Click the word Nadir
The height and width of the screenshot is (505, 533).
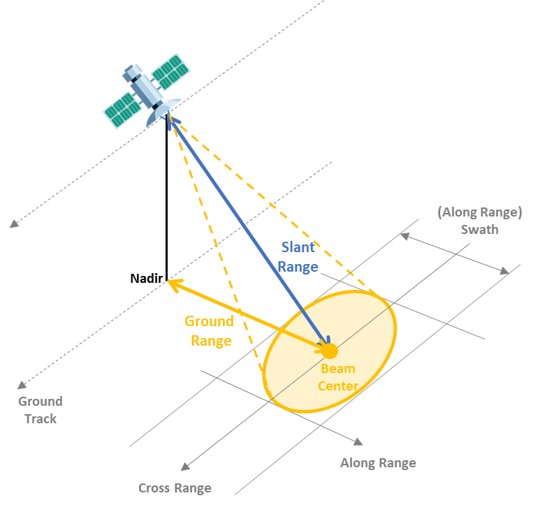click(147, 278)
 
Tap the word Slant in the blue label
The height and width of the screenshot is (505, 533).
click(298, 247)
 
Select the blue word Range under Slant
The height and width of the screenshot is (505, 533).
click(298, 267)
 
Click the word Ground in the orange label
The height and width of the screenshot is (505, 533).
click(209, 321)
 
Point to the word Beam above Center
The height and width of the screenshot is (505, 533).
click(338, 369)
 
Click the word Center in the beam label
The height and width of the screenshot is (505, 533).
click(338, 386)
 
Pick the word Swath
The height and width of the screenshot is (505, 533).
click(480, 230)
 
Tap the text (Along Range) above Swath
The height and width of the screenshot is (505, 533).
click(480, 212)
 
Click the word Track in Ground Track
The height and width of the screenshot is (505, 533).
click(41, 418)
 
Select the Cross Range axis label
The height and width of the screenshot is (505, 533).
click(175, 488)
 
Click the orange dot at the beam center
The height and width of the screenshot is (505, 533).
click(330, 351)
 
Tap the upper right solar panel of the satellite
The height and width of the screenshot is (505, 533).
click(170, 72)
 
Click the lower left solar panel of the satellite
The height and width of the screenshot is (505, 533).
click(122, 110)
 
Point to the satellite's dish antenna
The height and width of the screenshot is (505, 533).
click(163, 111)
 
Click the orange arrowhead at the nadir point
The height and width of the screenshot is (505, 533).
click(174, 284)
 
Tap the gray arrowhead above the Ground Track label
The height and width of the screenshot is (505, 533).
click(22, 385)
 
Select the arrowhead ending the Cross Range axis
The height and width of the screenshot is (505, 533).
click(185, 467)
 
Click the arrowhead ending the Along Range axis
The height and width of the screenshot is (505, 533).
click(358, 441)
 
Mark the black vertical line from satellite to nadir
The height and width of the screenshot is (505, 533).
click(166, 198)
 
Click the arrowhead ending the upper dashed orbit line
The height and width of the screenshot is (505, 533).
click(14, 224)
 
